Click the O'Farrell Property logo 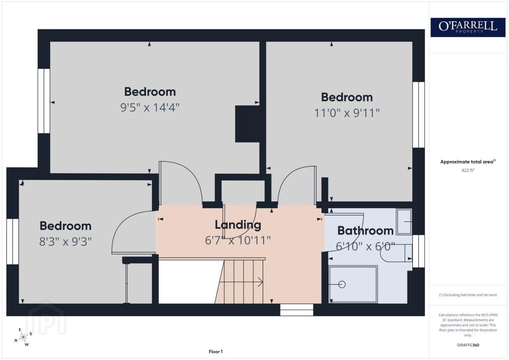click(468, 27)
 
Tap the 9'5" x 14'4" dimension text click(150, 107)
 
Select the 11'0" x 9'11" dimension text click(347, 113)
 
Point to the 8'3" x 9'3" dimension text click(65, 241)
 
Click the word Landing click(238, 225)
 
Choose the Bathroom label click(365, 231)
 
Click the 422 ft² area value click(468, 170)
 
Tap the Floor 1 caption click(216, 352)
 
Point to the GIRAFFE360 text click(468, 345)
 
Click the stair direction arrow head click(261, 282)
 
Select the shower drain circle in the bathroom click(342, 284)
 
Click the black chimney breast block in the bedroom click(247, 124)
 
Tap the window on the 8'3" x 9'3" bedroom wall click(12, 242)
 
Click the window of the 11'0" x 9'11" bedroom click(419, 115)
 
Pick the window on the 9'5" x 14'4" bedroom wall click(44, 101)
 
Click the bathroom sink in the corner click(404, 222)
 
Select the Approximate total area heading click(468, 162)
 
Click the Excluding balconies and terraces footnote click(468, 295)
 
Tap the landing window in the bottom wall click(297, 310)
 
